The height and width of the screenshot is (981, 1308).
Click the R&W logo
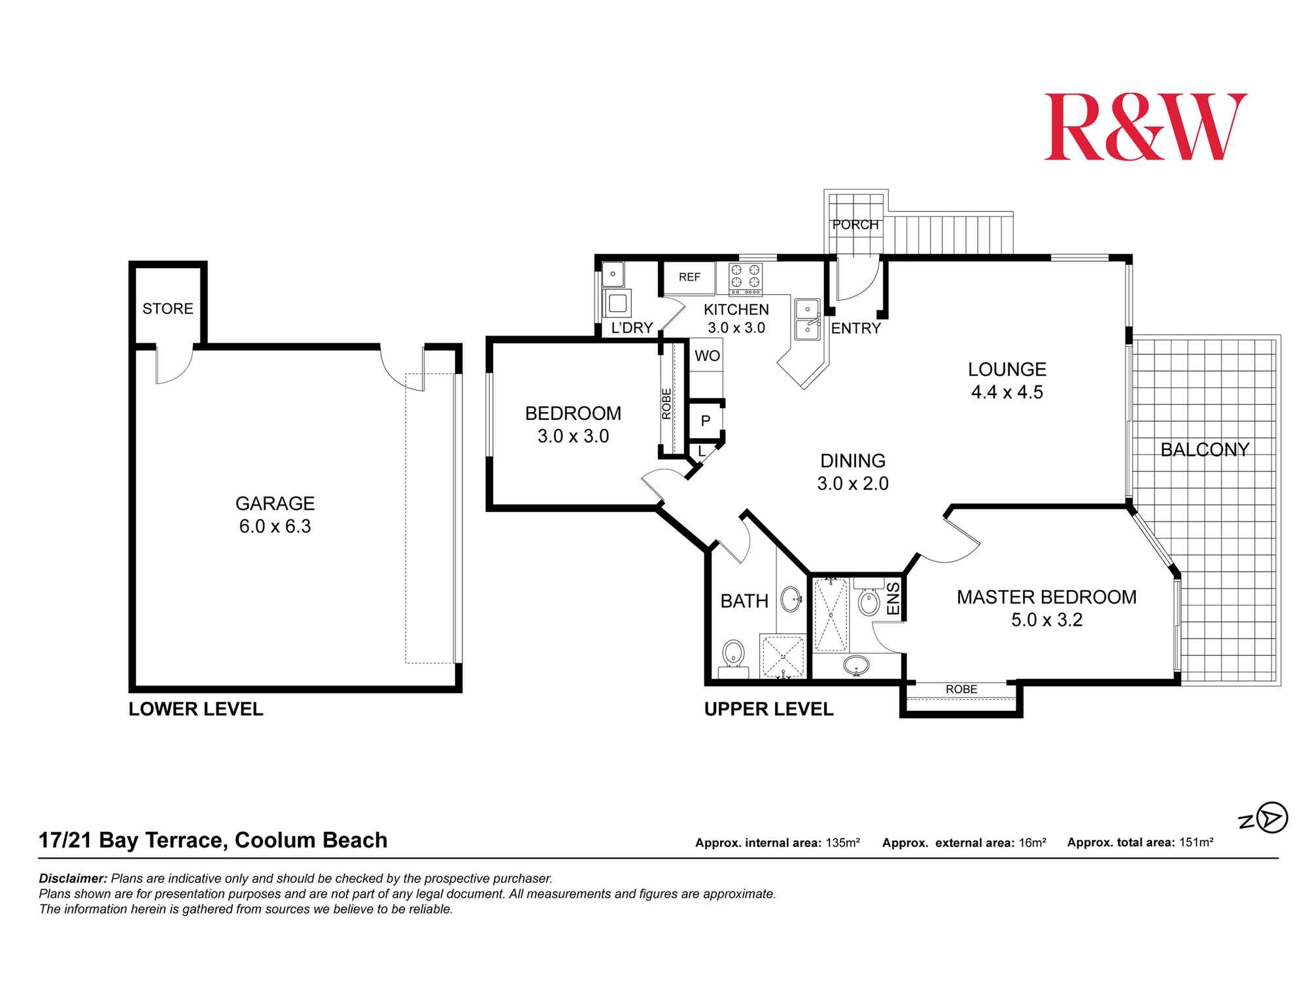(x=1144, y=128)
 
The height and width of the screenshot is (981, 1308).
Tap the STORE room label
(x=168, y=309)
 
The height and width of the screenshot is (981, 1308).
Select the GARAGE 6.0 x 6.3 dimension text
(x=275, y=526)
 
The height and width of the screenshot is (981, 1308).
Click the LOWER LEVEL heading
(x=196, y=710)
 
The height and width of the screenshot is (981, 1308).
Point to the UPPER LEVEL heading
(x=768, y=710)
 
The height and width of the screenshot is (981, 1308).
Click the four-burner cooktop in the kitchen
(x=746, y=276)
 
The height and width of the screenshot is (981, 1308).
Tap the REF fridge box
(x=689, y=277)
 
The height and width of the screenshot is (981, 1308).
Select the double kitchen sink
(x=808, y=320)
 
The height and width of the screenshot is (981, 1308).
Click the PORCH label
(x=855, y=225)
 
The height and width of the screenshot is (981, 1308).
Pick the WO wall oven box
(x=707, y=356)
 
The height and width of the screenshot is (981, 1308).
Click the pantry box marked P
(x=706, y=421)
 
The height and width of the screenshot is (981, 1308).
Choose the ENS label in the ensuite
(x=893, y=598)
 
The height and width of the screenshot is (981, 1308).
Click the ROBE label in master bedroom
(x=961, y=689)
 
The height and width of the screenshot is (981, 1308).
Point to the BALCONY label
(x=1205, y=450)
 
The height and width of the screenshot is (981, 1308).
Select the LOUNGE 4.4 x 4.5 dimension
(x=1007, y=392)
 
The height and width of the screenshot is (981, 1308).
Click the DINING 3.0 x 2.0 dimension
(x=853, y=484)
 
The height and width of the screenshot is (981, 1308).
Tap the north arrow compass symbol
(x=1272, y=817)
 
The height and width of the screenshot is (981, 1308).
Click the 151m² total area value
(x=1197, y=843)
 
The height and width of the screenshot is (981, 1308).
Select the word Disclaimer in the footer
(x=73, y=879)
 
